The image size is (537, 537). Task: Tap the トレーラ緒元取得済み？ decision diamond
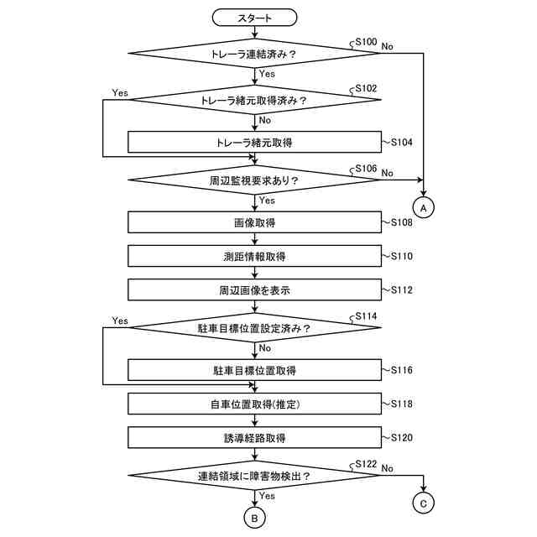click(x=255, y=101)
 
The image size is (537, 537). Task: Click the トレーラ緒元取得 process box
click(x=255, y=142)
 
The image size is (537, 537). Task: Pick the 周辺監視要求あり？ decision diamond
click(x=255, y=180)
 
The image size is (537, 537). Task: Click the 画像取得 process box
click(x=255, y=222)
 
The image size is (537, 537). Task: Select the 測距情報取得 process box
click(x=255, y=255)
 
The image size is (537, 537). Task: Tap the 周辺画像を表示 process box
click(x=255, y=289)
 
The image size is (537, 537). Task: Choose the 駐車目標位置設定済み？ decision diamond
click(x=255, y=328)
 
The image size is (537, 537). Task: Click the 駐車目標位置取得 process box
click(x=255, y=369)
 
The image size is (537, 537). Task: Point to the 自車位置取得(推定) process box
click(x=255, y=404)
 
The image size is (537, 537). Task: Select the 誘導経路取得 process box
click(x=255, y=437)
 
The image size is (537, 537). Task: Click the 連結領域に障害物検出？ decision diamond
click(x=255, y=476)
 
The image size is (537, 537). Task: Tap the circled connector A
click(x=424, y=206)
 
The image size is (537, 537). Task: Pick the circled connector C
click(x=424, y=503)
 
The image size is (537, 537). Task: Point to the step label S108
click(x=401, y=222)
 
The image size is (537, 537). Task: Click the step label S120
click(x=401, y=437)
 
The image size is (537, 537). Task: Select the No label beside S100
click(x=387, y=46)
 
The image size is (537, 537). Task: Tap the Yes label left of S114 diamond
click(x=120, y=321)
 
